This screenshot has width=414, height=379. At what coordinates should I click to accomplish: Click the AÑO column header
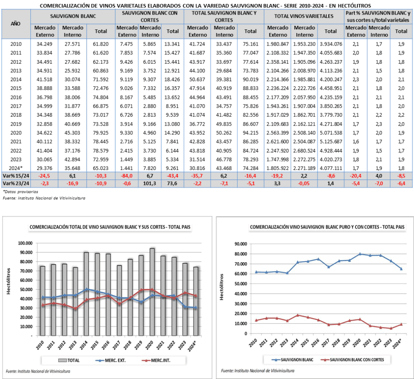pos(16,23)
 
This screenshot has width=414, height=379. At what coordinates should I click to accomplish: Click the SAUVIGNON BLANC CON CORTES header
pos(149,16)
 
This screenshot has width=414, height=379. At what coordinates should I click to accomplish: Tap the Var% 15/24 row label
pos(16,176)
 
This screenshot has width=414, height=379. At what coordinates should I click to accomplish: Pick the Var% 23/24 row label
pos(16,184)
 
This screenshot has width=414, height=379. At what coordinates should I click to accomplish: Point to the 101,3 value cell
pos(149,184)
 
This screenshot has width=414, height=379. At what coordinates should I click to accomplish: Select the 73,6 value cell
pos(173,184)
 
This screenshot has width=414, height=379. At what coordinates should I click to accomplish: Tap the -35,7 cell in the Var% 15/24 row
pos(196,176)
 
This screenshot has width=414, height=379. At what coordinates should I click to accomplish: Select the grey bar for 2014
pos(86,293)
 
